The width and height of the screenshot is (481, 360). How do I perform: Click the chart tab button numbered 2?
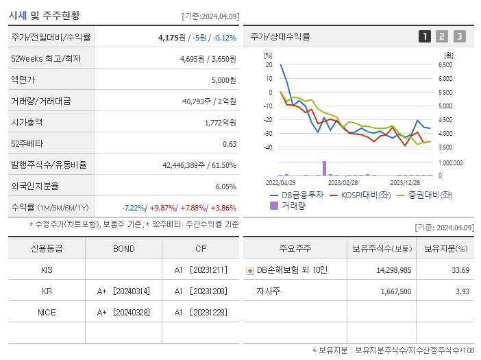(x=442, y=37)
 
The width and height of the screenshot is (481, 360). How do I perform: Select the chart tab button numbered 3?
(x=459, y=37)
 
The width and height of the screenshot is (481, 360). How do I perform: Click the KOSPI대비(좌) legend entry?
(x=361, y=195)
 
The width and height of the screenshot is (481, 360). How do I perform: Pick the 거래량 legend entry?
(x=292, y=205)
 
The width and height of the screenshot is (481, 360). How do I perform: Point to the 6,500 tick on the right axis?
(x=445, y=65)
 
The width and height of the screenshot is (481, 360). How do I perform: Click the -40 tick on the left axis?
(x=268, y=147)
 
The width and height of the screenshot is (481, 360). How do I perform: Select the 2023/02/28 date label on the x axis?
(x=343, y=183)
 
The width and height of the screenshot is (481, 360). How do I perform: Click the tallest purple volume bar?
(x=324, y=168)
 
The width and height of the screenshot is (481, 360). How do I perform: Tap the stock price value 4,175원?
(x=172, y=38)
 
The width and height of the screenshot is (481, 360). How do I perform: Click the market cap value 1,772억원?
(x=221, y=123)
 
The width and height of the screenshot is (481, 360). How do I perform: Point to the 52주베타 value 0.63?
(x=230, y=144)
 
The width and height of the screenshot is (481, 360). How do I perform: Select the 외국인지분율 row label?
(x=36, y=186)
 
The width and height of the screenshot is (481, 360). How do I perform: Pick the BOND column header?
(x=124, y=248)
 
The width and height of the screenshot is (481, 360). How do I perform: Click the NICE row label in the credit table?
(x=47, y=312)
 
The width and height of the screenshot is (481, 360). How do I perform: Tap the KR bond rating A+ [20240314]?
(x=124, y=291)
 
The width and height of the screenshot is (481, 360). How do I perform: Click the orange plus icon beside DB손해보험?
(x=249, y=270)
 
